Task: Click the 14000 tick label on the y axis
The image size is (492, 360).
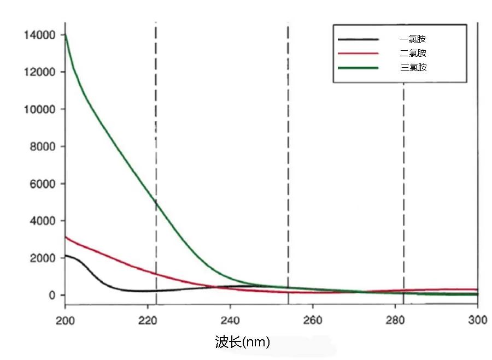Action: click(40, 35)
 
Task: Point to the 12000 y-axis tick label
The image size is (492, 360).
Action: click(40, 72)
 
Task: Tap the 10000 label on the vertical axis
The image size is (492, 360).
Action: click(40, 109)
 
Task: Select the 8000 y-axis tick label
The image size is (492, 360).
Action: click(43, 146)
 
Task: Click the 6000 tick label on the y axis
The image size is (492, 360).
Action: click(43, 184)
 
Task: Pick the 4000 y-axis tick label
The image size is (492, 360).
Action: click(43, 221)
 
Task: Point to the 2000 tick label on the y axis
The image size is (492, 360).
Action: click(43, 258)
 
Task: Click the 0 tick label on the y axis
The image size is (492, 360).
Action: click(52, 295)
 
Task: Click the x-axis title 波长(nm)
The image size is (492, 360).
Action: click(243, 343)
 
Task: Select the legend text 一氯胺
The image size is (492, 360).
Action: click(413, 39)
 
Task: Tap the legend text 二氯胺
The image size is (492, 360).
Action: click(413, 53)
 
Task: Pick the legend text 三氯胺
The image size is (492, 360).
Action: click(413, 68)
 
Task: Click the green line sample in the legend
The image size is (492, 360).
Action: click(359, 68)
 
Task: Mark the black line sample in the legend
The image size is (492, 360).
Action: click(359, 39)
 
